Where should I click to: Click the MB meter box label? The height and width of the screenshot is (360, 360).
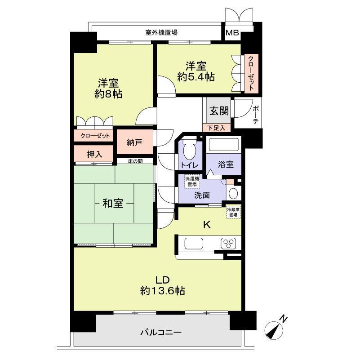click(232, 33)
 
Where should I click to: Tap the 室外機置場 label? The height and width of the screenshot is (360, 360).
click(161, 32)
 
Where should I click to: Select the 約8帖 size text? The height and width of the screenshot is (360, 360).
click(108, 94)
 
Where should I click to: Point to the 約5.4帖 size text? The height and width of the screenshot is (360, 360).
click(196, 77)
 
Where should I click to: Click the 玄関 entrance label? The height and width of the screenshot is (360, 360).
click(219, 111)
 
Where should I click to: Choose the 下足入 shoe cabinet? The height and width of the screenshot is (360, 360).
click(216, 128)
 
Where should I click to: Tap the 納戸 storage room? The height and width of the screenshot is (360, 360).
click(135, 142)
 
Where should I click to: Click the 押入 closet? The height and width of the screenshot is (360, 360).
click(93, 154)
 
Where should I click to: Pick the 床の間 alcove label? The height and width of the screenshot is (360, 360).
click(135, 161)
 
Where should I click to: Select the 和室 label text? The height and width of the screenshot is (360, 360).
click(113, 204)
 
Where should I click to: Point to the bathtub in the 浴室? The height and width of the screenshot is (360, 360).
click(224, 144)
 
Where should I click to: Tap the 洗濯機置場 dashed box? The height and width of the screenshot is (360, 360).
click(192, 182)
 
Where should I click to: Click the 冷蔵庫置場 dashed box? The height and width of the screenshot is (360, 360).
click(233, 212)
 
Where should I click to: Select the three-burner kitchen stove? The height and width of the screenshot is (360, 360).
click(228, 244)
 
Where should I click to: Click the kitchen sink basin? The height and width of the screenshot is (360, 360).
click(194, 244)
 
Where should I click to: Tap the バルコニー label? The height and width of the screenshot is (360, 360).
click(161, 332)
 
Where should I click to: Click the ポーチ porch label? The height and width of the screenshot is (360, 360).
click(256, 115)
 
